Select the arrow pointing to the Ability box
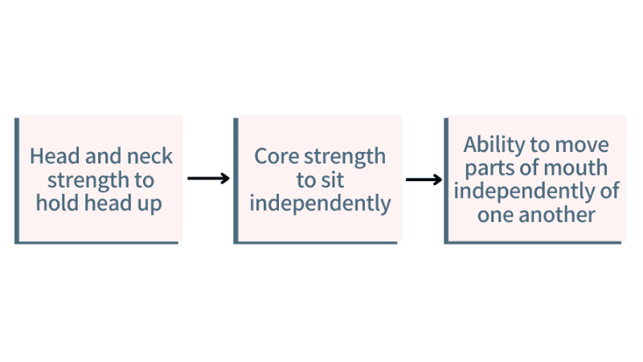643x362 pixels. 424,179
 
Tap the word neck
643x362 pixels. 150,156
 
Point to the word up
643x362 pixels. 149,204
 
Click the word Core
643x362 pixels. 276,156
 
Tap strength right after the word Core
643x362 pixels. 346,156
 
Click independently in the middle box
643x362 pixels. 320,203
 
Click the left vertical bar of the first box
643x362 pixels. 17,180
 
